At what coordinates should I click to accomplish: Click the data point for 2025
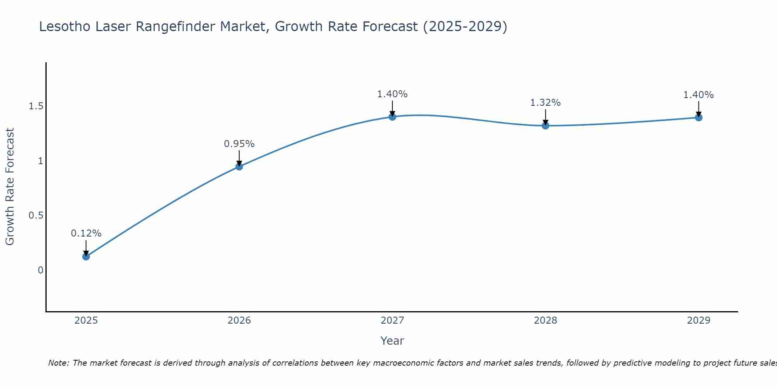coord(86,256)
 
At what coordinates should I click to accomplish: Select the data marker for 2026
coord(239,166)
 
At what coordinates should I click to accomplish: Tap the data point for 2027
coord(392,117)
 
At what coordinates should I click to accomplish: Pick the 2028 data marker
coord(545,126)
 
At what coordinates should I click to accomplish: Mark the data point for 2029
coord(699,117)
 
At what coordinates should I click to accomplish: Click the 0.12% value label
coord(86,233)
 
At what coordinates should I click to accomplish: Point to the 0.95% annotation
coord(239,144)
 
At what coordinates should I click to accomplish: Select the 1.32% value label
coord(545,103)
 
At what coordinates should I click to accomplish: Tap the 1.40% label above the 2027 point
coord(392,94)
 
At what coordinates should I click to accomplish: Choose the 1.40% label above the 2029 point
coord(699,95)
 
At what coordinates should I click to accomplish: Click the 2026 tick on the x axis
coord(239,321)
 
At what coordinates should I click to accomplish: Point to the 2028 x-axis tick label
coord(545,321)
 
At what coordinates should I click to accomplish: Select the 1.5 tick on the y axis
coord(36,106)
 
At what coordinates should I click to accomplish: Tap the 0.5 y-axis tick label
coord(36,216)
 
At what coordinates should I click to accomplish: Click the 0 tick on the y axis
coord(40,270)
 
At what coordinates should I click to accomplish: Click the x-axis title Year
coord(392,341)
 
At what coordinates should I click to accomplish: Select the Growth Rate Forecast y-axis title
coord(10,187)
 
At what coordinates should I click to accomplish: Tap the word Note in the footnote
coord(58,363)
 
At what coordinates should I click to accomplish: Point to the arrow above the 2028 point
coord(545,117)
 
